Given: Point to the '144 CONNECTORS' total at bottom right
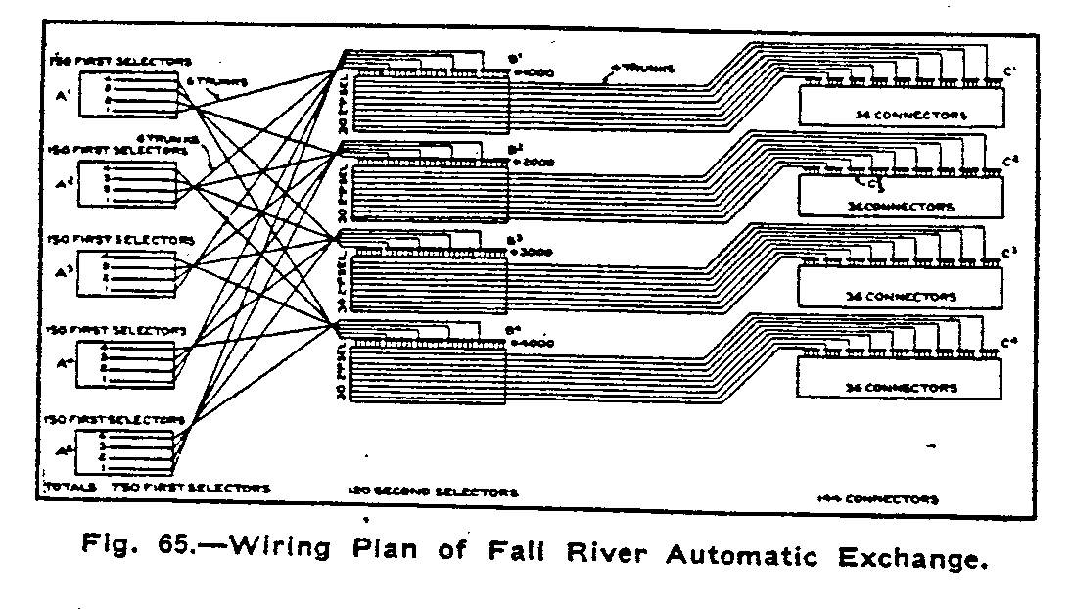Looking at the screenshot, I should coord(876,499).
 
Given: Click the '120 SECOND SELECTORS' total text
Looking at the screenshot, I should coord(433,491).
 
